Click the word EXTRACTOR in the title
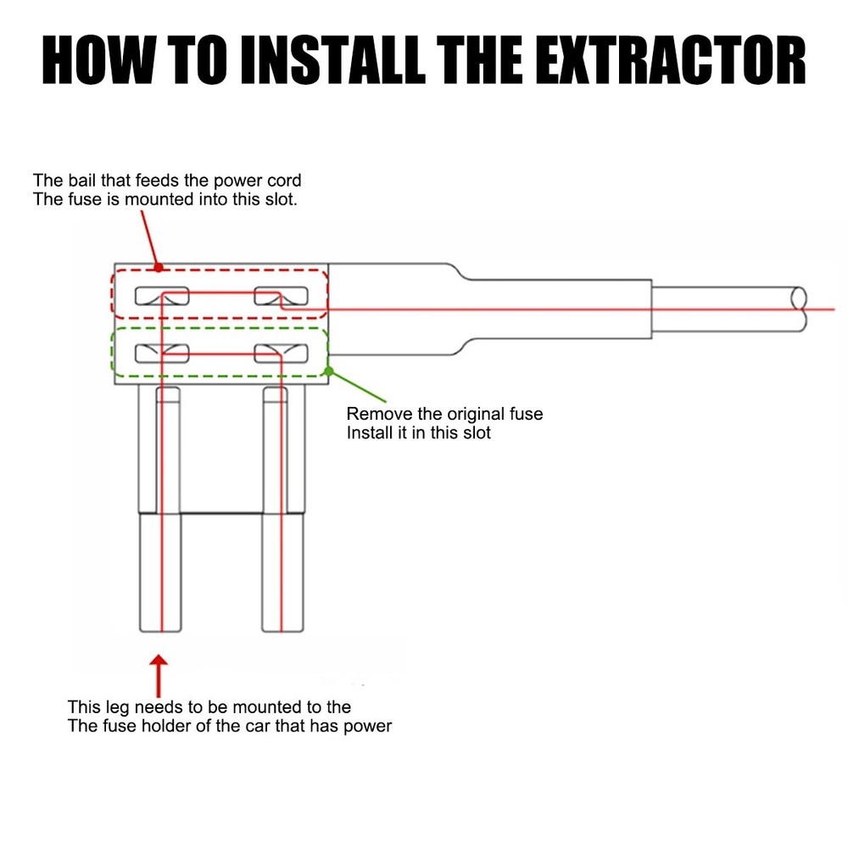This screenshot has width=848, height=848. [x=672, y=60]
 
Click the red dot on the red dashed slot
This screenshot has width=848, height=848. [x=159, y=268]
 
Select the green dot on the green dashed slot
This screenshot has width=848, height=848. [x=328, y=371]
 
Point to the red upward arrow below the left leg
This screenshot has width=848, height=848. [x=159, y=676]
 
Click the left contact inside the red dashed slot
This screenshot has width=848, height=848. [x=162, y=296]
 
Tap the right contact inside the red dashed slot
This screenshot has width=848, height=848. [x=282, y=296]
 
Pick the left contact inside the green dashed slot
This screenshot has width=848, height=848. [x=162, y=354]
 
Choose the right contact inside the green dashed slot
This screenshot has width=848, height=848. [x=282, y=354]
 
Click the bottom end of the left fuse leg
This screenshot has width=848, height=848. [x=160, y=631]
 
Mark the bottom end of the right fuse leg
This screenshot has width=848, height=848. [x=282, y=631]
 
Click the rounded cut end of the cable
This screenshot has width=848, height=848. [x=799, y=309]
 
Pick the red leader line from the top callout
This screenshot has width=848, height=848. [x=150, y=239]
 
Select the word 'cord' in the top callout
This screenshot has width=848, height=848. [x=284, y=180]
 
